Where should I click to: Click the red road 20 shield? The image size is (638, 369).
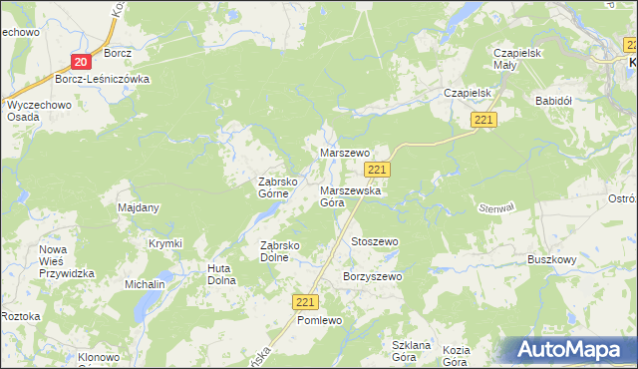[x=82, y=62]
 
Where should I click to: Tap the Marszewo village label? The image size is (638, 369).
[x=345, y=153]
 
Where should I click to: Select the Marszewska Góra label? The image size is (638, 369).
[x=345, y=195]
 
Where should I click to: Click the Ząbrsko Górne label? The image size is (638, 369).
[x=281, y=188]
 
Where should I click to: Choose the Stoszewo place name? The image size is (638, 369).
[x=375, y=242]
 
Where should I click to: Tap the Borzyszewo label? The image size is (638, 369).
[x=372, y=276]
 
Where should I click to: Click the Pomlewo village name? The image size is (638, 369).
[x=320, y=320]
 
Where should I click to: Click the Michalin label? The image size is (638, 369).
[x=145, y=284]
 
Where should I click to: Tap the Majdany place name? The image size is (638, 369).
[x=139, y=207]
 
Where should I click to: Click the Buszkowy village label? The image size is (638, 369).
[x=553, y=259]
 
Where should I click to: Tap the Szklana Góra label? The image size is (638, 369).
[x=411, y=351]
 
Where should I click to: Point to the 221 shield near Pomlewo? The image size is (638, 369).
[x=306, y=301]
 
